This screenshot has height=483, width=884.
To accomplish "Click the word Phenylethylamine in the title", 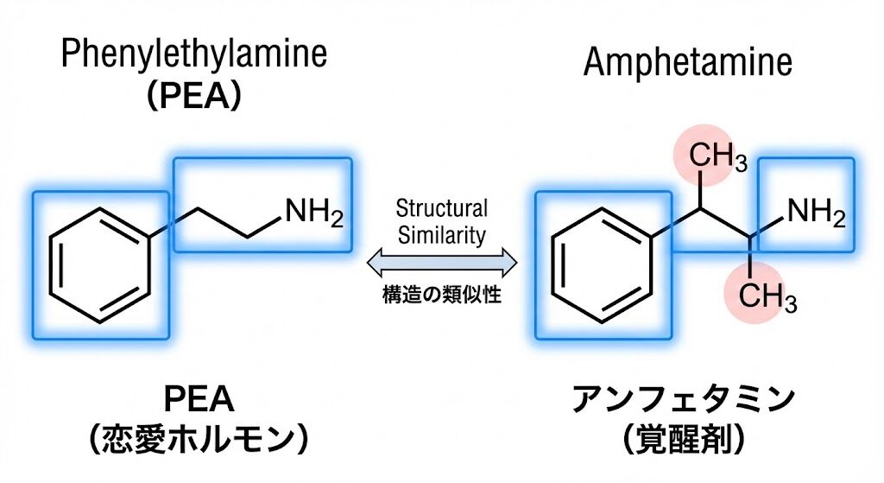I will coord(193,56).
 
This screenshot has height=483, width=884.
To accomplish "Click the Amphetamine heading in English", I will coord(687,62).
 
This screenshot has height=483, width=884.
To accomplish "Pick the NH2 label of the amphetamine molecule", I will coord(816,210).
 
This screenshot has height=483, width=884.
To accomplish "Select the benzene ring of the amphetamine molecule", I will coord(602,264).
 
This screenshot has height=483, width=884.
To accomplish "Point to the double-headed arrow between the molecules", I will coord(441,260).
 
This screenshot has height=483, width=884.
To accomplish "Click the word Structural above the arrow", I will coord(441,208).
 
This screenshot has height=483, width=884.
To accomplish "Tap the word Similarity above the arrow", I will coord(441,234).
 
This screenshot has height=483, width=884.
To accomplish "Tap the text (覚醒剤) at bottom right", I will coord(683,439).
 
